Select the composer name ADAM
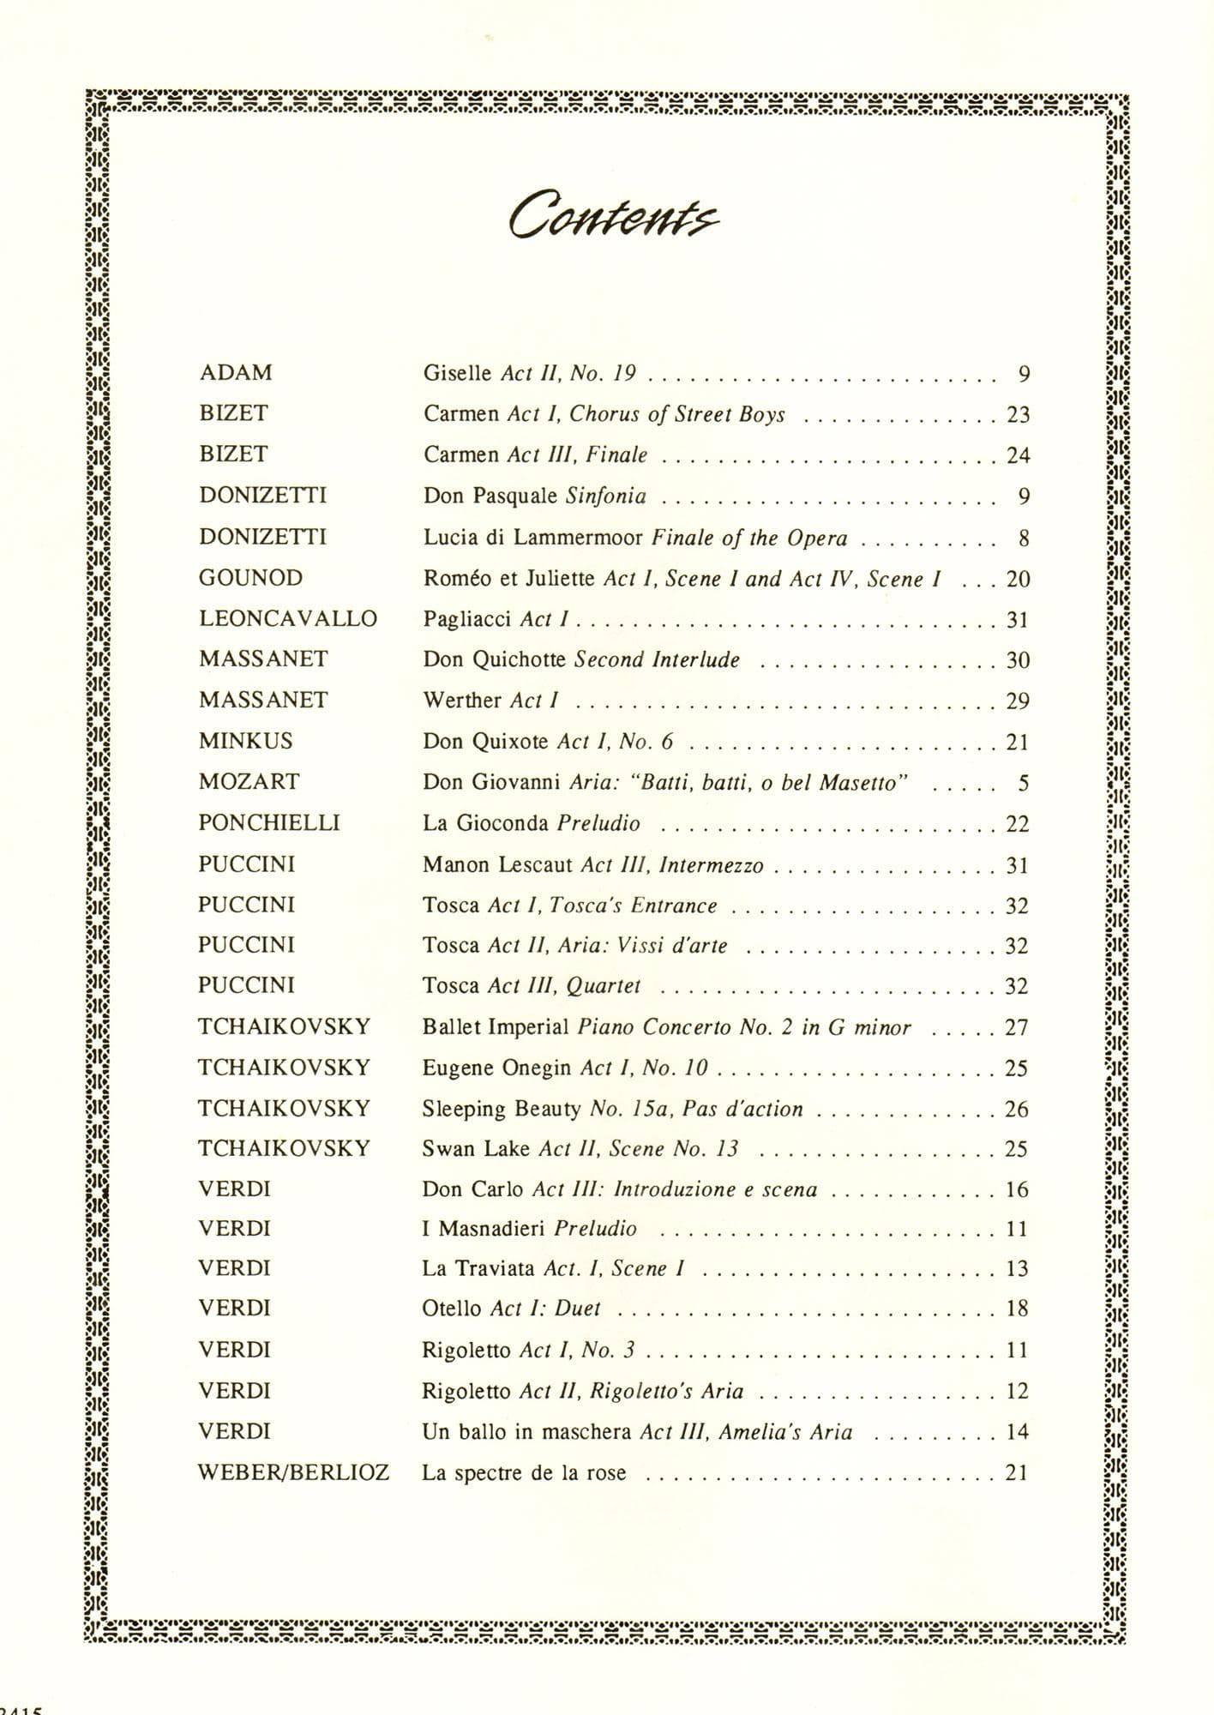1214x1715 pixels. coord(236,373)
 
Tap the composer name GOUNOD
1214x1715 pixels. coord(250,578)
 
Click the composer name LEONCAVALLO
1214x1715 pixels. coord(288,618)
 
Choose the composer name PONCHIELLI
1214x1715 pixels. coord(268,823)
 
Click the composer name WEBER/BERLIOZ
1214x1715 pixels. coord(293,1473)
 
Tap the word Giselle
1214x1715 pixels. coord(457,373)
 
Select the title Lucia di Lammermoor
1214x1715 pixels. coord(533,538)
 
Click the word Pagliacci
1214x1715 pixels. coord(467,619)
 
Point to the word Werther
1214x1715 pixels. coord(461,701)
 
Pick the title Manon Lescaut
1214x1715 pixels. coord(496,864)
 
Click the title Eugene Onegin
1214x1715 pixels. coord(496,1068)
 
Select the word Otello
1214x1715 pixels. coord(451,1309)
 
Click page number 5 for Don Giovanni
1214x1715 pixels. coord(1024,783)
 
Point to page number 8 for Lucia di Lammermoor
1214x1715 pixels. coord(1024,539)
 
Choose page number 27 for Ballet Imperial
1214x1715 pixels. coord(1016,1027)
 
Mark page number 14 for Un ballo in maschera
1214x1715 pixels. coord(1016,1432)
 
